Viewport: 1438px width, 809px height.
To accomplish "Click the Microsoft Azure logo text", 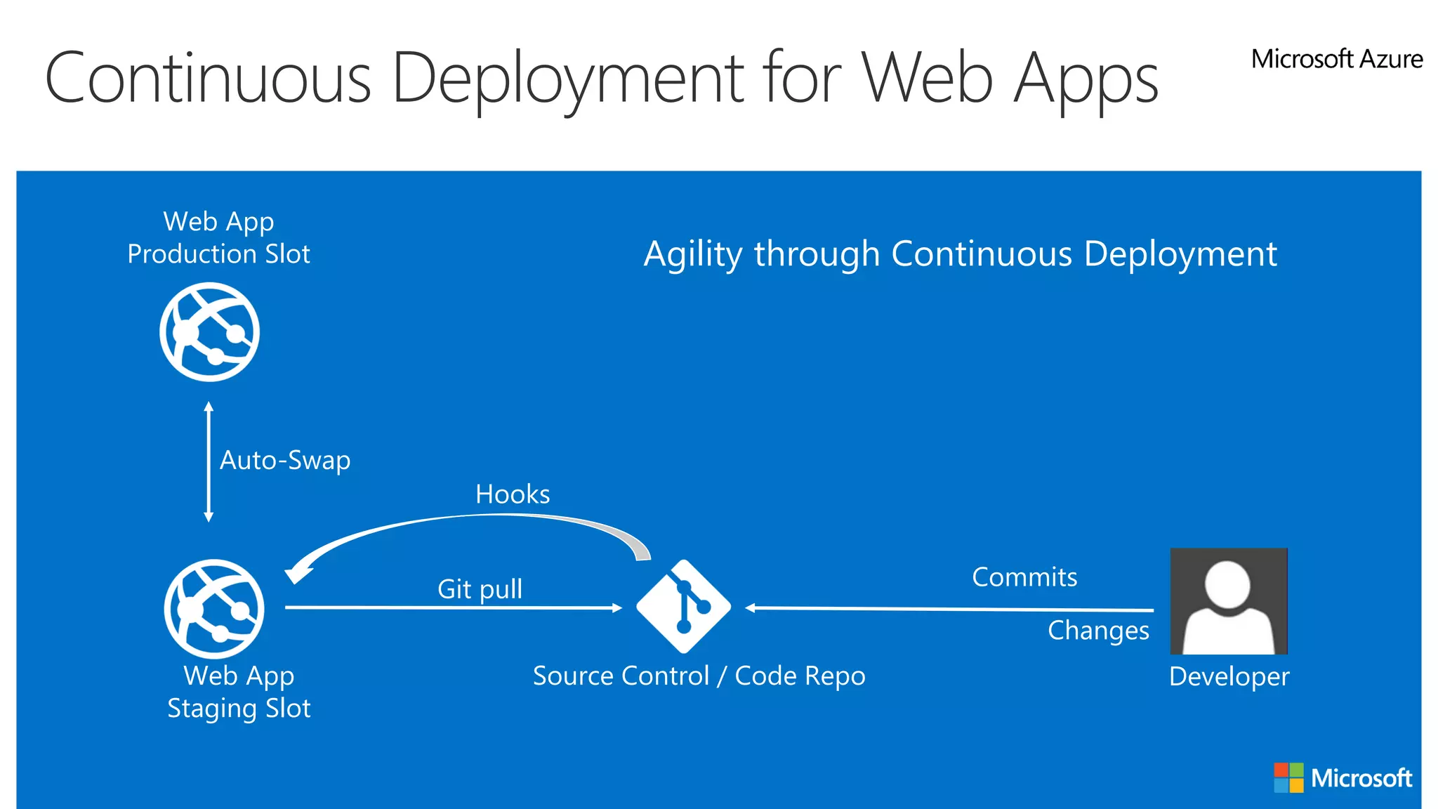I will (x=1336, y=59).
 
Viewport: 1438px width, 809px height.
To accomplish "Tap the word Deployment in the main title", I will (x=567, y=79).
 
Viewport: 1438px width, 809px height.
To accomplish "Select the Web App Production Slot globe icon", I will (x=209, y=332).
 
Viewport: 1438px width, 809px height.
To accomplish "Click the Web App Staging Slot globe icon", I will (x=214, y=609).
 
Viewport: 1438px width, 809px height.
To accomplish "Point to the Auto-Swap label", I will (x=284, y=461).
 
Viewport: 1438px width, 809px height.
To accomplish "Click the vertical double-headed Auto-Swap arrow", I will (x=209, y=461).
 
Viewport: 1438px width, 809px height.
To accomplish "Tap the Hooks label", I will (x=513, y=494).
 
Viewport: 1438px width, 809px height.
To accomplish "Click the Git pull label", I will (x=480, y=589).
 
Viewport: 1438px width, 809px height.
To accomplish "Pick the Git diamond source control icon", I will (x=683, y=606).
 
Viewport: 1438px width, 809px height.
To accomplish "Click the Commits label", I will (x=1024, y=577).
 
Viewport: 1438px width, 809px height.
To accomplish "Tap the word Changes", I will (x=1098, y=631).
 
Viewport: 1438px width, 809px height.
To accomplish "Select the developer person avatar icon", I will (x=1229, y=601).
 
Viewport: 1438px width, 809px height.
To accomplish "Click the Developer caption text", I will (x=1229, y=677).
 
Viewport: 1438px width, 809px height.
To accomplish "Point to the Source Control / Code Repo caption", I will (x=699, y=676).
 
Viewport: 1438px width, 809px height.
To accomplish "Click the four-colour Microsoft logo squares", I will (x=1288, y=778).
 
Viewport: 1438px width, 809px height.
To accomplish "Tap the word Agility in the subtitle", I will (x=692, y=254).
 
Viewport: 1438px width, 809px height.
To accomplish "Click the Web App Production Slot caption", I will (x=218, y=238).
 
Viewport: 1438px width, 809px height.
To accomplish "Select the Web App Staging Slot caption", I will (x=239, y=692).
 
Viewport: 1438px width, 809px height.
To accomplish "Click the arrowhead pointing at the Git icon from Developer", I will (x=751, y=608).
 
